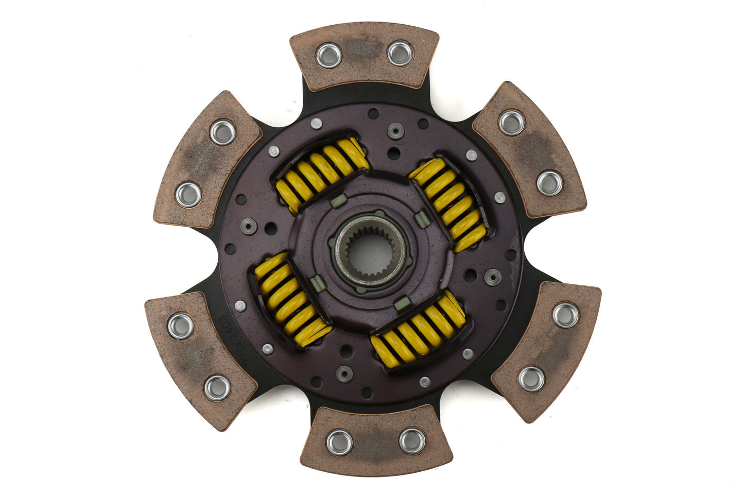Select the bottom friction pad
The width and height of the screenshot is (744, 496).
pos(376,440)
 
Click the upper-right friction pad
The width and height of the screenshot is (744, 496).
pos(530,149)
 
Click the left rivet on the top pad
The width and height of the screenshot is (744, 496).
pos(328,56)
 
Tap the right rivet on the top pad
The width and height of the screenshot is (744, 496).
pos(400,54)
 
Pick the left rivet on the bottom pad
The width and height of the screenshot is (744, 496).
pos(339,442)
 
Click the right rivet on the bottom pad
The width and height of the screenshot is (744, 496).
pos(412,440)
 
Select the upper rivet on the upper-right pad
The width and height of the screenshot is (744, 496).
pos(512,123)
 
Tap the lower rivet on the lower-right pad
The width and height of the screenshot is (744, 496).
pos(531,379)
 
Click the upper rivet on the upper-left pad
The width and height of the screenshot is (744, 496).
pos(223,132)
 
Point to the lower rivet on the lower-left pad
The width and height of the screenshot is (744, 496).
pos(217,388)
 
